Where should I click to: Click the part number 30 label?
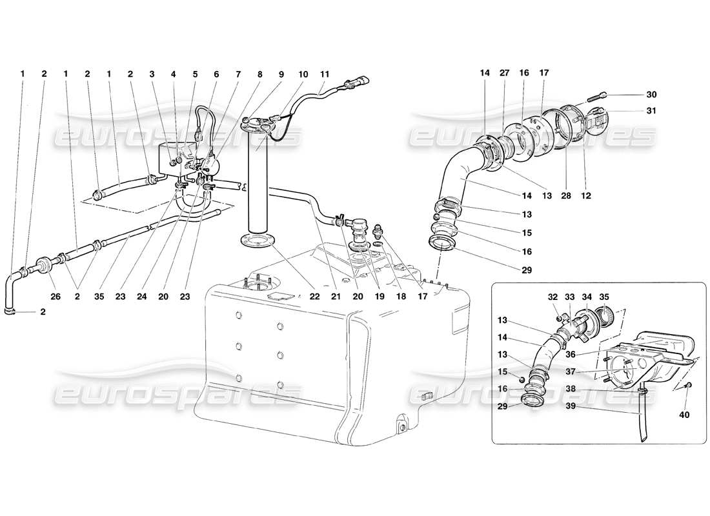[x=651, y=94]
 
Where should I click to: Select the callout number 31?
[x=651, y=111]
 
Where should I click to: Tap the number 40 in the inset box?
[x=684, y=415]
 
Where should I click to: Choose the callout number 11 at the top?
[x=325, y=74]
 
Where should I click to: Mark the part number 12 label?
[x=586, y=194]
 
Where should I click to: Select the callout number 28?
[x=565, y=194]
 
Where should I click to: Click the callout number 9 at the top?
[x=281, y=74]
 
